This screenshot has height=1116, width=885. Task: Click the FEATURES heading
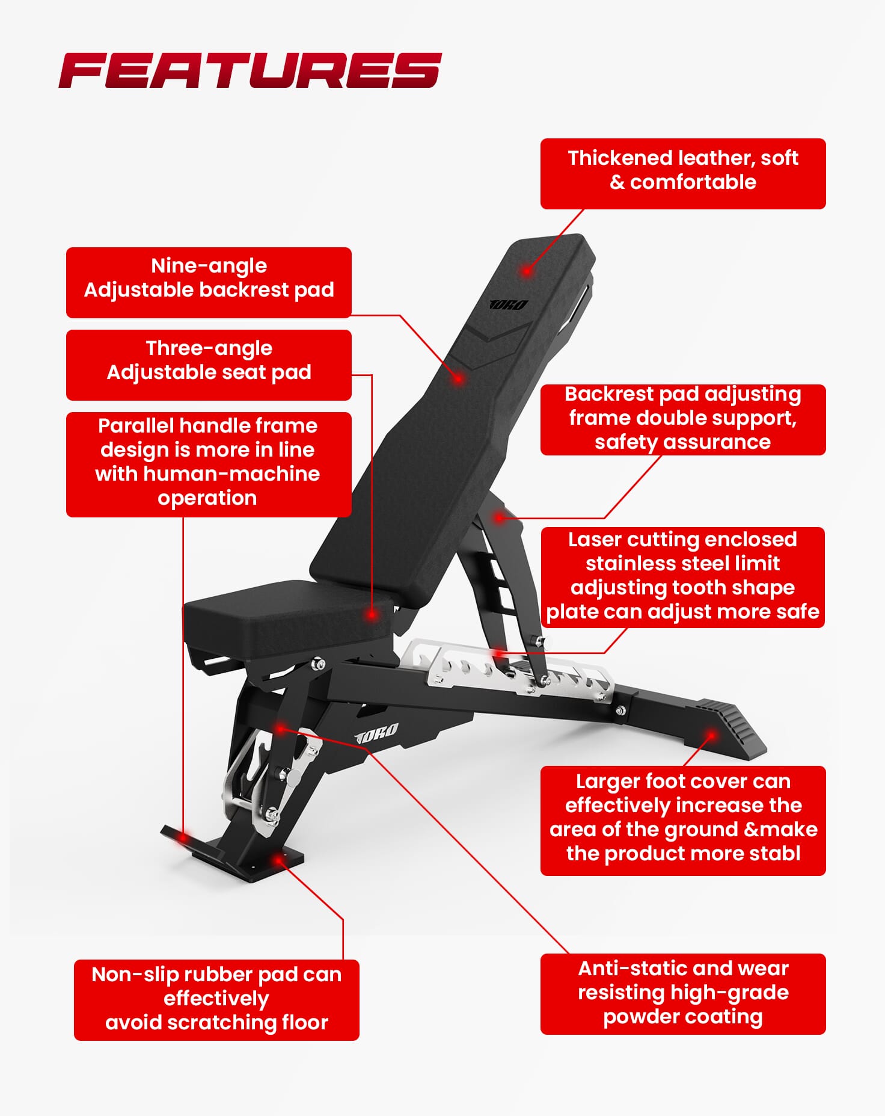click(x=250, y=70)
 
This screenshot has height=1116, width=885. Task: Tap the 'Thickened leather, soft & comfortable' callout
click(x=683, y=174)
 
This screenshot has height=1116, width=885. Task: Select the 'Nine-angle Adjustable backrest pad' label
click(x=209, y=283)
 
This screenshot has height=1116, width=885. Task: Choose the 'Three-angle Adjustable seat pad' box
click(x=209, y=365)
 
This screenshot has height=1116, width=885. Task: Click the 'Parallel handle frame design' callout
click(x=209, y=464)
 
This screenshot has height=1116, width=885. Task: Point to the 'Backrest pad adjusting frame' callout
click(x=683, y=420)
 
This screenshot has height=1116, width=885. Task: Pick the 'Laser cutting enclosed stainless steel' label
click(x=683, y=578)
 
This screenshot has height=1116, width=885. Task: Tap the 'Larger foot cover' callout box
click(x=683, y=821)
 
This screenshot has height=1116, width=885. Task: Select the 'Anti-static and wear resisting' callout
click(x=683, y=994)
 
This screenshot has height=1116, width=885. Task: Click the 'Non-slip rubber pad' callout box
click(x=216, y=1000)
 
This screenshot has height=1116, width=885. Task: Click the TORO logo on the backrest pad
click(x=509, y=305)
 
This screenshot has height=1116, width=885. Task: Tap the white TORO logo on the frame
click(x=376, y=733)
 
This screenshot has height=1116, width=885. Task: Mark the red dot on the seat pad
click(x=372, y=615)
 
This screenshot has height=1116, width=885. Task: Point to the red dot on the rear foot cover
click(x=711, y=735)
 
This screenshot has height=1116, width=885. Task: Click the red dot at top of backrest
click(x=527, y=271)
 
